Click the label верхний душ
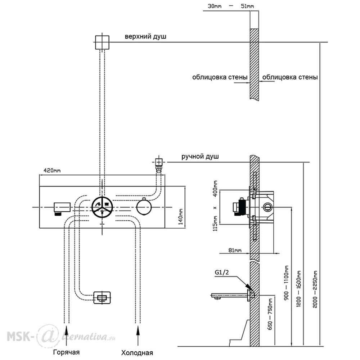click(x=145, y=37)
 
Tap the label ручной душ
click(x=200, y=157)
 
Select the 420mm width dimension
click(x=52, y=170)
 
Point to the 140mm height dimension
click(x=181, y=216)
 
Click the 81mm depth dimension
click(x=235, y=250)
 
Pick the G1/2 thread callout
click(x=222, y=272)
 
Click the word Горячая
click(x=66, y=352)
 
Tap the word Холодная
click(x=137, y=353)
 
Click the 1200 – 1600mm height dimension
click(x=298, y=289)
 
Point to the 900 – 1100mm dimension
click(x=286, y=284)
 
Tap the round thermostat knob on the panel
click(x=144, y=207)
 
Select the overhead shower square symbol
click(x=102, y=42)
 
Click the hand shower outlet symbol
click(x=159, y=164)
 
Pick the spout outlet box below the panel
click(x=102, y=298)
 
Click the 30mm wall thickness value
click(x=215, y=6)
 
